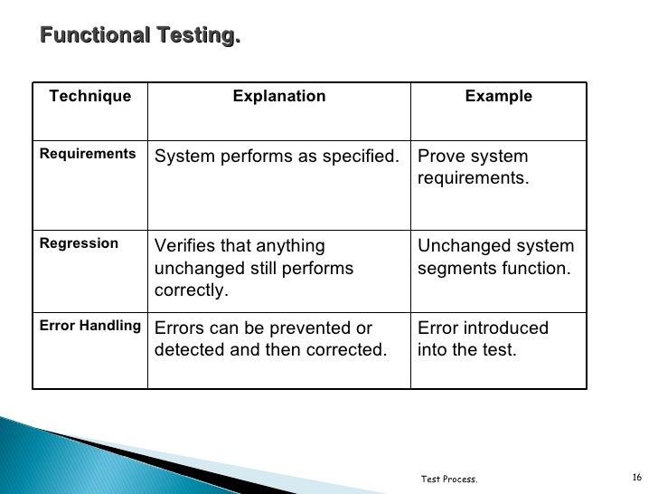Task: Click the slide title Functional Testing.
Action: (x=141, y=36)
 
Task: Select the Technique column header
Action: (x=89, y=96)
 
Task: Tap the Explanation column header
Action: (x=279, y=96)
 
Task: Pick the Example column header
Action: (x=498, y=96)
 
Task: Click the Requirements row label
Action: (x=88, y=154)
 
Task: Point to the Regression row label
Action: (x=79, y=243)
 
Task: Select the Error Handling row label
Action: (x=89, y=326)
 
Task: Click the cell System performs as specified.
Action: (x=277, y=157)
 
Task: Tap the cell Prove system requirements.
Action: (x=473, y=167)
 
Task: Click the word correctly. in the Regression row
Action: (x=191, y=291)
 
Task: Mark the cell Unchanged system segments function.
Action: (x=494, y=257)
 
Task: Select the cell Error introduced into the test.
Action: (x=483, y=338)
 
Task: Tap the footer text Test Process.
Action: (x=449, y=479)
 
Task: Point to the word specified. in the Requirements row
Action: (x=361, y=157)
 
